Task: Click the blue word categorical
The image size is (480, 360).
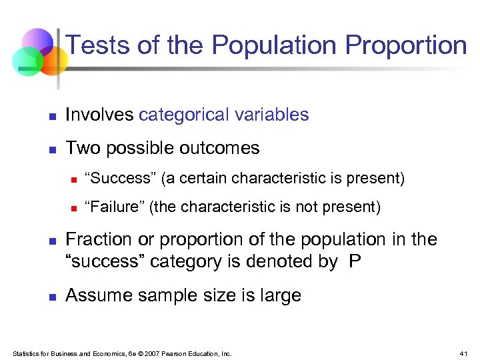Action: click(x=183, y=115)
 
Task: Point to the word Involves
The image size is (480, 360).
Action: click(x=99, y=115)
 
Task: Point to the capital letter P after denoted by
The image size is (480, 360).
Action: click(x=355, y=261)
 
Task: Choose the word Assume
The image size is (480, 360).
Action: click(x=98, y=295)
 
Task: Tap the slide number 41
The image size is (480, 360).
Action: click(x=464, y=353)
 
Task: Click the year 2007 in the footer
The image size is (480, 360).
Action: click(x=153, y=353)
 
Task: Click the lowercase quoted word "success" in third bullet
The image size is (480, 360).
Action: click(x=105, y=261)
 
